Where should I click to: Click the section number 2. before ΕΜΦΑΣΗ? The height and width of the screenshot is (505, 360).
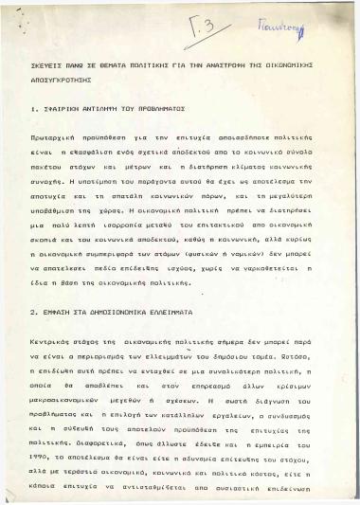tap(33, 311)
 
